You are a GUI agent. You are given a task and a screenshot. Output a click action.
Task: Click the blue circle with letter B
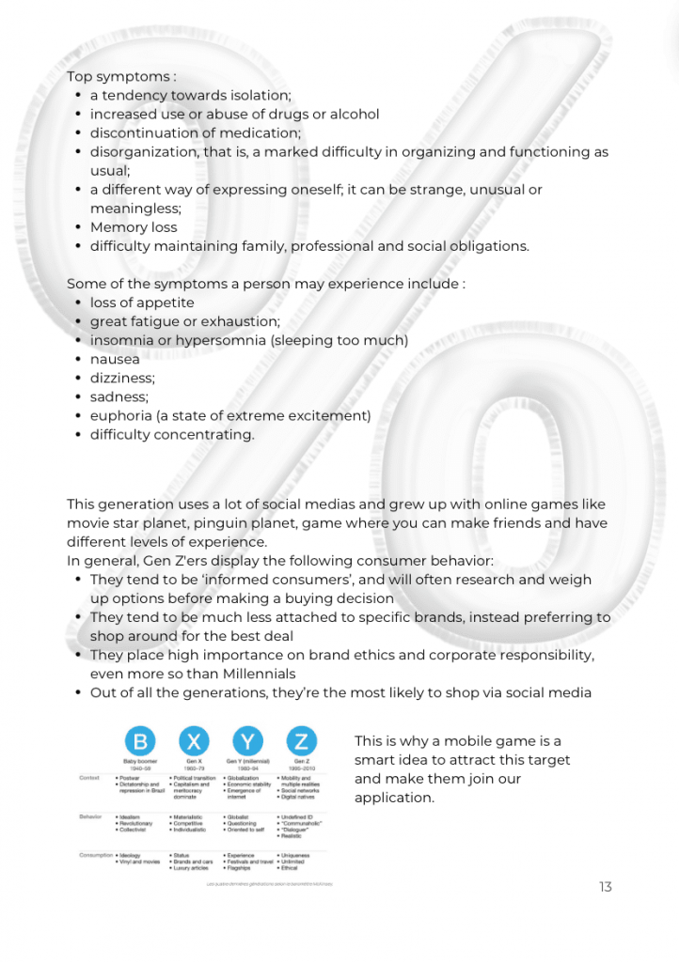137,740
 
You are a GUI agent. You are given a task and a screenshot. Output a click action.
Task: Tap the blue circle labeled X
192,740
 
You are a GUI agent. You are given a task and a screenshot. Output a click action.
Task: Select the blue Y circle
246,740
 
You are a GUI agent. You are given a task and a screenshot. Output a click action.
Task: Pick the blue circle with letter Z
301,740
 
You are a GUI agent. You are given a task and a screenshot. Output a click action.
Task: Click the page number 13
605,887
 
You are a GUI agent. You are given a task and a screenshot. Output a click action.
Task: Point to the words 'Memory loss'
134,227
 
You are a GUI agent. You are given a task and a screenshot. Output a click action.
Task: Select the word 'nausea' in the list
115,359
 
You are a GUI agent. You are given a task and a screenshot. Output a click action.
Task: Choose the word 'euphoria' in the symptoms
119,415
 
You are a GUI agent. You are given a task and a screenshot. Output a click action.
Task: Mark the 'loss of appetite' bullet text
142,303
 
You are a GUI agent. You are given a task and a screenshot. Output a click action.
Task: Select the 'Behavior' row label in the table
91,817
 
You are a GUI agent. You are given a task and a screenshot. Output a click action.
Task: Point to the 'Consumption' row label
95,855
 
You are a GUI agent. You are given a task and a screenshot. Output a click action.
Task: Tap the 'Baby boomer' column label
137,760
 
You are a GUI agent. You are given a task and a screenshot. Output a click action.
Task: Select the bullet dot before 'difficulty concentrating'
78,434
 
